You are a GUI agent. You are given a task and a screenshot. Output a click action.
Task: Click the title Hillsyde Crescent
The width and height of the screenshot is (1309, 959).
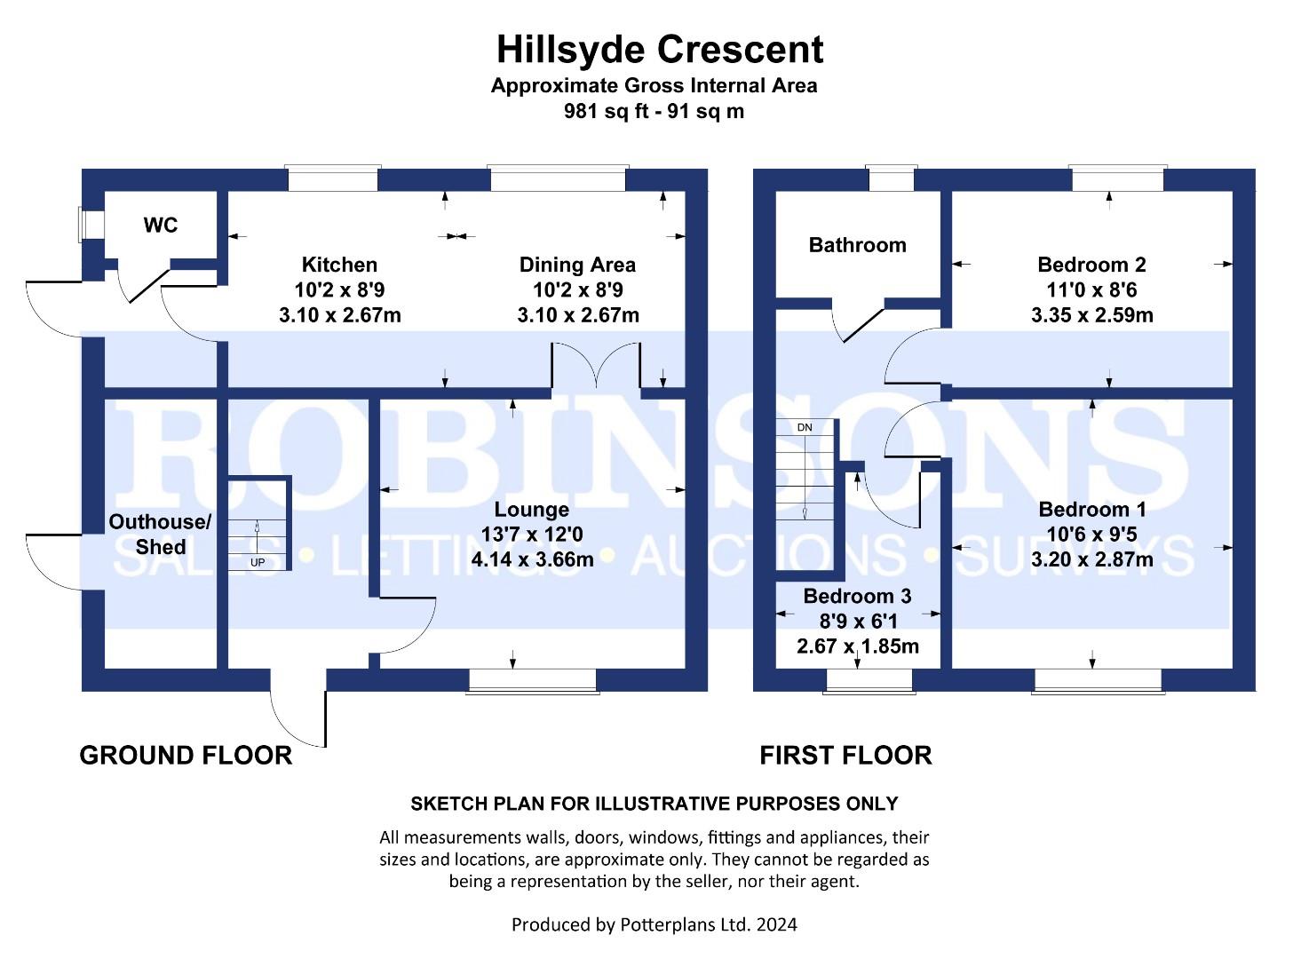659,50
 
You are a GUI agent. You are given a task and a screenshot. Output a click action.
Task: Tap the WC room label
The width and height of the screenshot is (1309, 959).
161,225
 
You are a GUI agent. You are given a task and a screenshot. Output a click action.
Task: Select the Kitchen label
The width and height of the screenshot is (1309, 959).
339,265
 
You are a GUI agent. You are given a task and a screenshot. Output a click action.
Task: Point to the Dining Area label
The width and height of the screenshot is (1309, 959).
577,265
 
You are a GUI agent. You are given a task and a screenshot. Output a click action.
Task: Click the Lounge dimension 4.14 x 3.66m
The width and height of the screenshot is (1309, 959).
532,559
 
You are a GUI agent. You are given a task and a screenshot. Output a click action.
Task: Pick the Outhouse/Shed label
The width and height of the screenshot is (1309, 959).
160,535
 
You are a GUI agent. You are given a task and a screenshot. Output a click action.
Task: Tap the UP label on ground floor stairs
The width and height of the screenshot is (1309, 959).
258,562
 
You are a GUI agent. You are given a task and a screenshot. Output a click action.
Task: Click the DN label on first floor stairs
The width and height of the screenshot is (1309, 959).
805,427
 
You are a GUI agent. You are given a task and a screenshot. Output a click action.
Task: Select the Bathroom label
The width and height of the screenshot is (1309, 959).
857,245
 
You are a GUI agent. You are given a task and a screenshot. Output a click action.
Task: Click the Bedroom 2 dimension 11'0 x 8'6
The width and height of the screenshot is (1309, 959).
1091,289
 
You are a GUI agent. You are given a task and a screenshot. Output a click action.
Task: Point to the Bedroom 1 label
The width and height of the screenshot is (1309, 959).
1091,510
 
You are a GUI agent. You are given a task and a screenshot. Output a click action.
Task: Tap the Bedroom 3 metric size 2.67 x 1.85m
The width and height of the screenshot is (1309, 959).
857,646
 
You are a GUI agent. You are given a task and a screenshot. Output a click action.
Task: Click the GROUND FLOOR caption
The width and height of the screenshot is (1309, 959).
186,755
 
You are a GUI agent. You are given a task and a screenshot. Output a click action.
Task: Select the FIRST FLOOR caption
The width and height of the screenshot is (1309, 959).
845,755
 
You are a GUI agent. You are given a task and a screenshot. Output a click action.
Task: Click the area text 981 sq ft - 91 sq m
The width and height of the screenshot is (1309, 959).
654,111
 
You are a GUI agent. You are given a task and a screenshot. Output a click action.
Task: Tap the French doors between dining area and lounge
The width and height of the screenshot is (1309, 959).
596,365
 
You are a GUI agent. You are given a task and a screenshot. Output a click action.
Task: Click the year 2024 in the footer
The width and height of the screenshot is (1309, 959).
777,924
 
